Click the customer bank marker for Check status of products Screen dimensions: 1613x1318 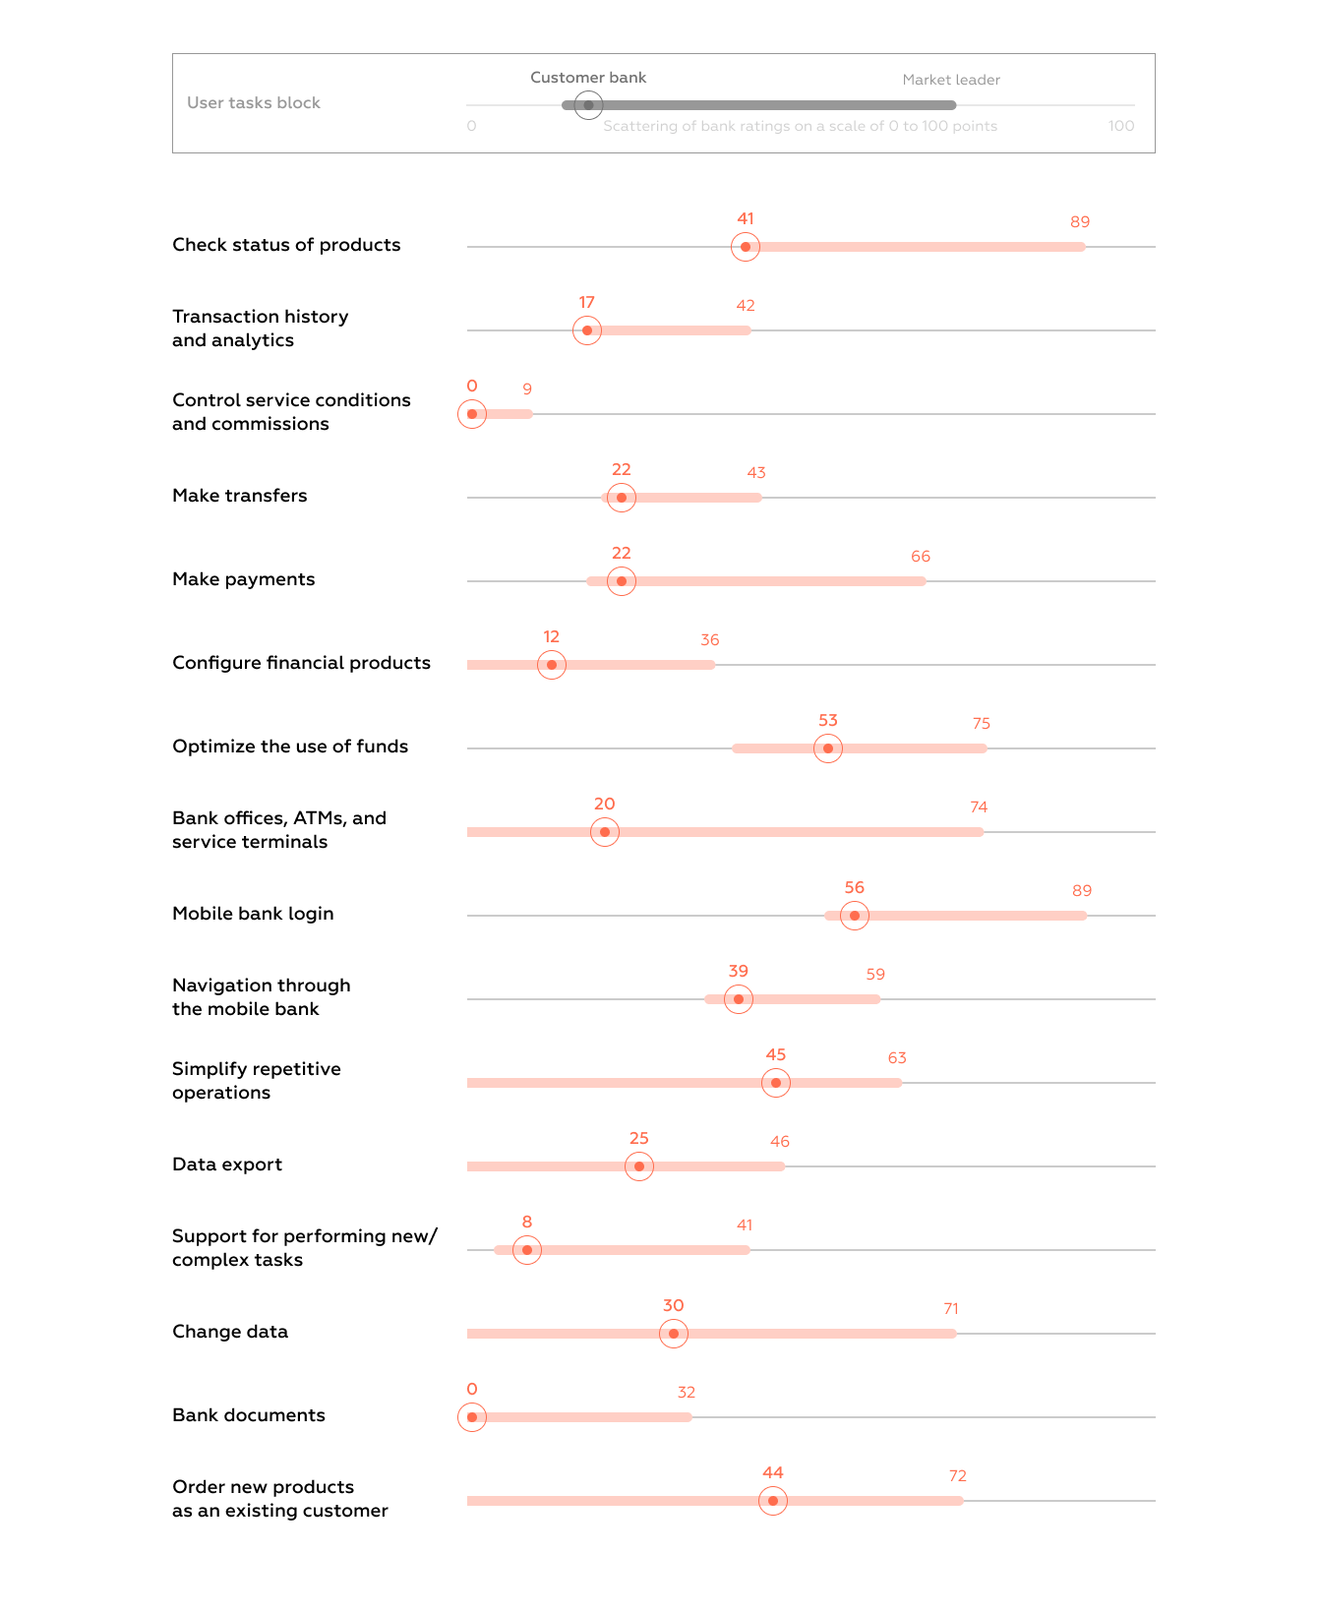tap(746, 247)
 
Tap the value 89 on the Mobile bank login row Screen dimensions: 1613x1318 tap(1082, 891)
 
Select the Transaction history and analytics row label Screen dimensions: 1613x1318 tap(261, 329)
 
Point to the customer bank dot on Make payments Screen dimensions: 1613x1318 tap(622, 581)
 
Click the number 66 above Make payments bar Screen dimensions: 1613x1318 tap(921, 557)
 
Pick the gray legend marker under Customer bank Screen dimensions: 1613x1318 tap(588, 105)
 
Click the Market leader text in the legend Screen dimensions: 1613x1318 tap(951, 80)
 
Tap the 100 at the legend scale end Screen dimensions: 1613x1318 tap(1121, 126)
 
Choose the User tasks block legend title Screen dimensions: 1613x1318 tap(254, 103)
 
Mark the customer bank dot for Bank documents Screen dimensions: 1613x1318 tap(472, 1417)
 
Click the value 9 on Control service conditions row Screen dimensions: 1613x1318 tap(527, 389)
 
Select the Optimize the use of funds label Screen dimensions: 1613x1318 tap(290, 747)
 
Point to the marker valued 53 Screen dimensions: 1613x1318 tap(828, 748)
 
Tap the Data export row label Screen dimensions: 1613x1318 tap(227, 1165)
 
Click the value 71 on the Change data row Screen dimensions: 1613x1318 tap(951, 1309)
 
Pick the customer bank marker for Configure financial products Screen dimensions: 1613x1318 tap(552, 665)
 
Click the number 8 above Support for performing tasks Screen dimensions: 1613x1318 tap(527, 1223)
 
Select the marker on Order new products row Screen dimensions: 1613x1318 tap(773, 1501)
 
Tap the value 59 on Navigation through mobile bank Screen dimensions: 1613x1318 tap(875, 975)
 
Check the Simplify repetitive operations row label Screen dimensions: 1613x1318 tap(257, 1081)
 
